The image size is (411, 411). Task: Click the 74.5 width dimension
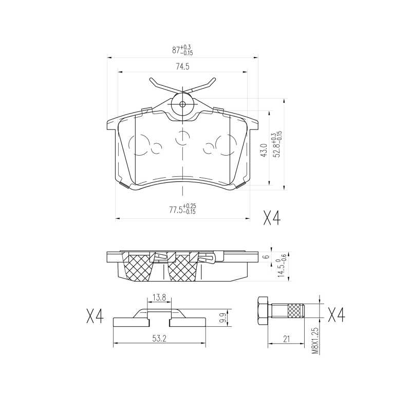point(182,67)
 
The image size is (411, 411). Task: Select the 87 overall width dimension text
point(182,50)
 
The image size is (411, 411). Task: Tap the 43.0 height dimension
point(264,150)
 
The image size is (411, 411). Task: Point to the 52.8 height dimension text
point(277,144)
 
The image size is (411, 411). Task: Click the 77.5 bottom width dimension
point(182,209)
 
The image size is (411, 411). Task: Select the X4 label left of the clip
point(95,316)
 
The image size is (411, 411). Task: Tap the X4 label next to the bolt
point(337,315)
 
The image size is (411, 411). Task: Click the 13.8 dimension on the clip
point(159,297)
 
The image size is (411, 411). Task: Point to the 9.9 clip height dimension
point(223,317)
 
